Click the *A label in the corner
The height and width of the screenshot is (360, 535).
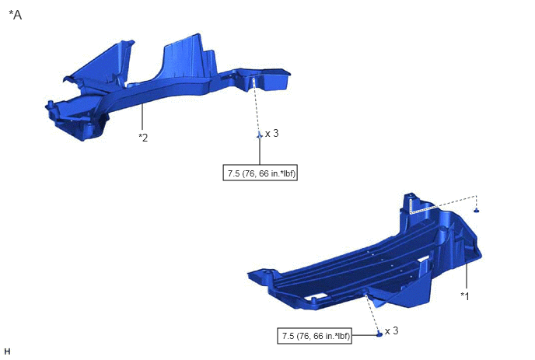click(16, 15)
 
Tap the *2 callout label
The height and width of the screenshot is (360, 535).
click(143, 138)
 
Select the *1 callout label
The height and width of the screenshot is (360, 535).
click(465, 295)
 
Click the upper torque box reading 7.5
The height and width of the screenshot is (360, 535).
click(260, 173)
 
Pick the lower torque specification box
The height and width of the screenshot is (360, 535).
click(314, 336)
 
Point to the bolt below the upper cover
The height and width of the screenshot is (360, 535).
click(259, 135)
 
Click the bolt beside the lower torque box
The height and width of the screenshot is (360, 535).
click(379, 334)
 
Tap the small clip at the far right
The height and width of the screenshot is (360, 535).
click(477, 210)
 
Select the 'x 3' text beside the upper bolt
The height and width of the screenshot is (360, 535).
click(272, 134)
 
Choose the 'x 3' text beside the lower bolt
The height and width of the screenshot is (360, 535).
click(391, 331)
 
